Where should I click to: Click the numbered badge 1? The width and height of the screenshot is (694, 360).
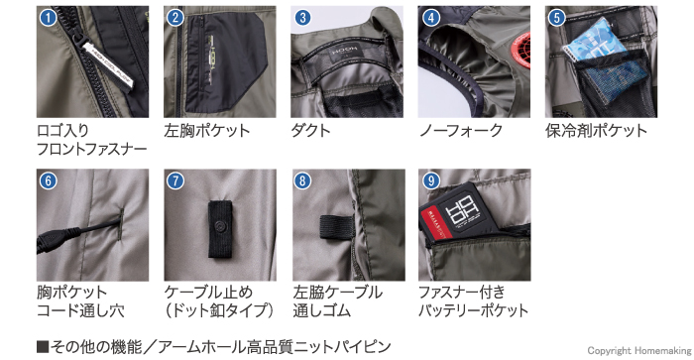[49, 18]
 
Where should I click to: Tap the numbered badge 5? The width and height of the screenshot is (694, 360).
[557, 18]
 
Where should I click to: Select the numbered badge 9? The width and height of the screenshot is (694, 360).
[430, 180]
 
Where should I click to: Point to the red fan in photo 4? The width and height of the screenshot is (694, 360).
[521, 49]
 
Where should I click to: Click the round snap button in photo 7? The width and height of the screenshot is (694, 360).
[220, 227]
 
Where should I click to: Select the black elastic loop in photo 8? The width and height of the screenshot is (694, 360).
[336, 227]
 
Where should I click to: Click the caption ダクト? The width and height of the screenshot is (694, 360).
[310, 131]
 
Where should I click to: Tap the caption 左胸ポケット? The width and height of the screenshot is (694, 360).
[206, 131]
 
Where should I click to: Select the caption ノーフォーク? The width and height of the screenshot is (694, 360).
[461, 131]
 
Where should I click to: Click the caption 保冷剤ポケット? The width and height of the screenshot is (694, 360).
[596, 131]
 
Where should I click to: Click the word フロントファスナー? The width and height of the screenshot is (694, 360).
[91, 149]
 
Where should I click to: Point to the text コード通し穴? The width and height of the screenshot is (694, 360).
[80, 310]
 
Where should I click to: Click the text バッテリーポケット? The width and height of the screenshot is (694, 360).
[473, 310]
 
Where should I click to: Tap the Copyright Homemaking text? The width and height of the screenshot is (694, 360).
[639, 351]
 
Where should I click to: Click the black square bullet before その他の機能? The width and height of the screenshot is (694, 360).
[43, 346]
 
